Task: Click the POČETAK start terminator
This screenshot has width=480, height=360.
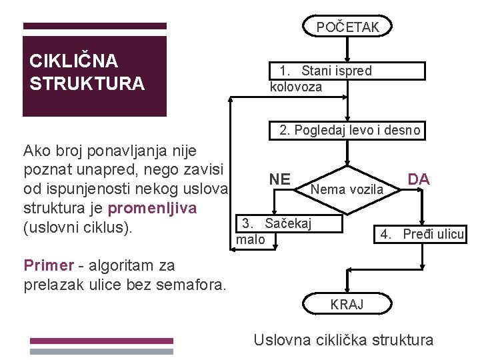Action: [x=347, y=27]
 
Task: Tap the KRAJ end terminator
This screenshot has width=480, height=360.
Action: [x=347, y=304]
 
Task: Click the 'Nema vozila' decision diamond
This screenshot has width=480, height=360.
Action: [x=347, y=189]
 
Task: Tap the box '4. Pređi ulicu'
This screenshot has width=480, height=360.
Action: [x=422, y=234]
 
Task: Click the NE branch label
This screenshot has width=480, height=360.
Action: [x=280, y=179]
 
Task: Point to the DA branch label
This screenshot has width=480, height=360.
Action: [x=419, y=179]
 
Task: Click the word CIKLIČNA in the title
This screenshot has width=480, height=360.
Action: [x=73, y=61]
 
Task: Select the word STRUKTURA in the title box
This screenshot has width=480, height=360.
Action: [x=87, y=84]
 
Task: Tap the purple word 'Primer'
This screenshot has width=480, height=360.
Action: [x=49, y=265]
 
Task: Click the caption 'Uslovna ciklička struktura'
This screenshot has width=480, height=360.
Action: [x=343, y=340]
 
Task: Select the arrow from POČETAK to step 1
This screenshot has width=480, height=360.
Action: [x=347, y=48]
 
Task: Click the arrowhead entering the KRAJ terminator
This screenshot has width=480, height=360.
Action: [x=347, y=289]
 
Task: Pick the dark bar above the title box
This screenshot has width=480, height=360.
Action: [x=95, y=26]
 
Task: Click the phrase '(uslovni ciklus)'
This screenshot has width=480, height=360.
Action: [x=79, y=228]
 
